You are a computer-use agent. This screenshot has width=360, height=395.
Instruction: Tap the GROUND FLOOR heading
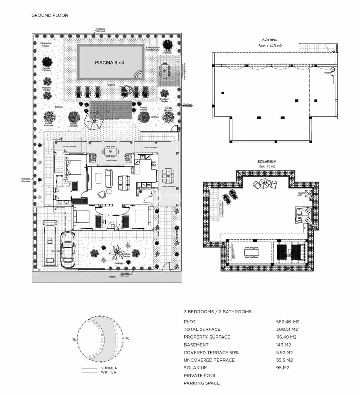[50, 15]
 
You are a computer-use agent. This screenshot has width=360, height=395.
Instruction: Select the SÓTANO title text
[270, 40]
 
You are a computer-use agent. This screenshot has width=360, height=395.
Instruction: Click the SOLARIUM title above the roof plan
[267, 162]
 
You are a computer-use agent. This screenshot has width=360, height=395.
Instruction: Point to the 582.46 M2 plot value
[288, 322]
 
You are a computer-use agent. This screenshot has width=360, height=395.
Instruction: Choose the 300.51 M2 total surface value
[287, 329]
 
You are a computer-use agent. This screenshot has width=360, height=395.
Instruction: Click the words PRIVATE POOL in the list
[200, 375]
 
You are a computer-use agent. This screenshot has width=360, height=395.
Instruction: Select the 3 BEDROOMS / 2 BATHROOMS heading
[217, 312]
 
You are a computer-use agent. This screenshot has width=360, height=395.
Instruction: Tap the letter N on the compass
[75, 339]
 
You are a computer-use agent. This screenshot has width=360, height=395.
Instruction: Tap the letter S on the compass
[127, 338]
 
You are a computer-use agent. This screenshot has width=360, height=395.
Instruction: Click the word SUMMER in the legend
[109, 368]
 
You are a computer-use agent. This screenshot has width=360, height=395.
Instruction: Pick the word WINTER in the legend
[109, 372]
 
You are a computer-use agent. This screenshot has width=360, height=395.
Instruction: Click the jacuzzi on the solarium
[303, 215]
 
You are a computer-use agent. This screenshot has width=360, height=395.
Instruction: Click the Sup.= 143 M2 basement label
[270, 46]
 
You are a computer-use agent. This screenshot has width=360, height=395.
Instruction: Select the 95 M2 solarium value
[283, 368]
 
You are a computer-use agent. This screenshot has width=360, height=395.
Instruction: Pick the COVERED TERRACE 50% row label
[211, 352]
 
